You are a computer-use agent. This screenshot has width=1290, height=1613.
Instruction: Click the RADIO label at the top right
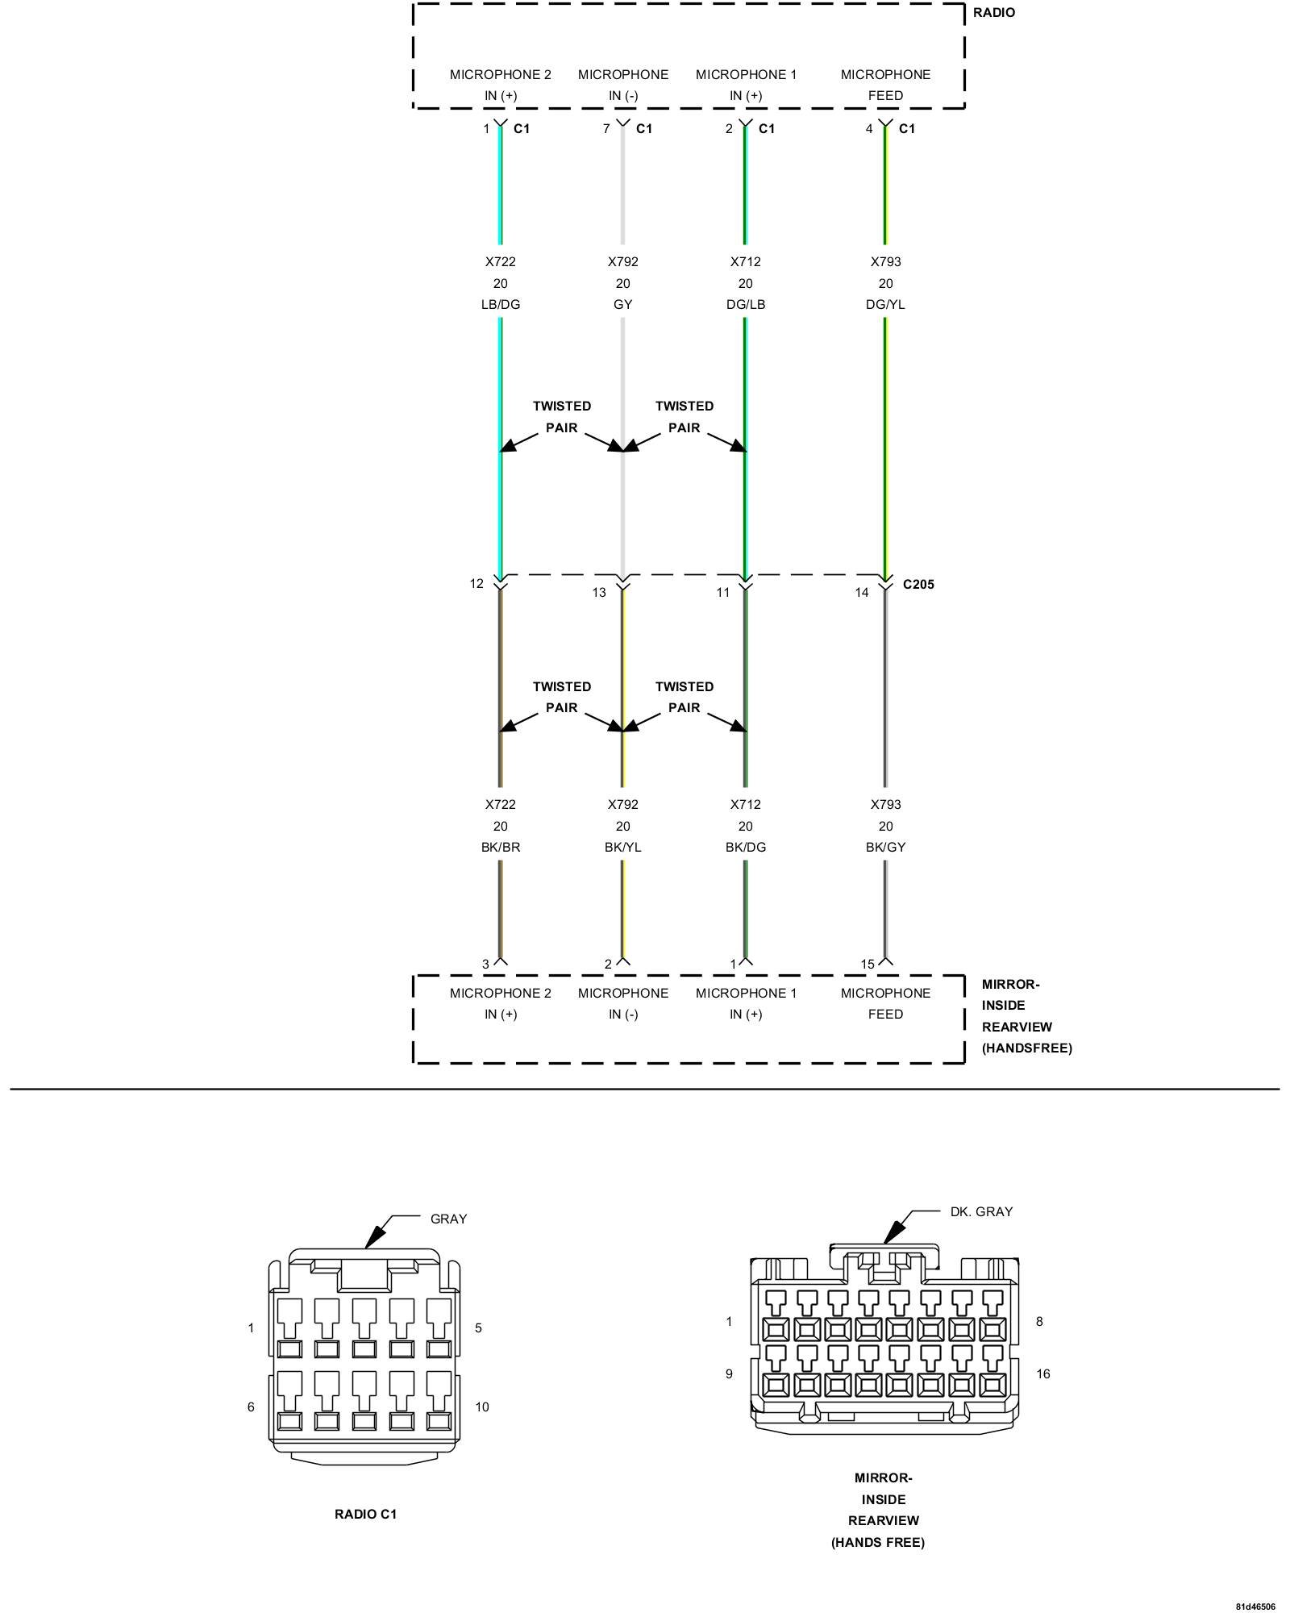[993, 13]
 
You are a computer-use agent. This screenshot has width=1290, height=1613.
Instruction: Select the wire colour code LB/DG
[500, 305]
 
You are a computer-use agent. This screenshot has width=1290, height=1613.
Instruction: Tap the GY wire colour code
[622, 305]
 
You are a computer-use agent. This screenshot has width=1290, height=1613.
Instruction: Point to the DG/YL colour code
[885, 305]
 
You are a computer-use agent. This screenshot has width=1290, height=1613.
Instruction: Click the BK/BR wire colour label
[500, 848]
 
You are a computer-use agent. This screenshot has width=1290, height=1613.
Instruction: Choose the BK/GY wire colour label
[885, 848]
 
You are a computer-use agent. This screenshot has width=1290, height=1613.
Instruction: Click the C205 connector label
[918, 585]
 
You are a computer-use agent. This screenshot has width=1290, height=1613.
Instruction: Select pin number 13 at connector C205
[599, 593]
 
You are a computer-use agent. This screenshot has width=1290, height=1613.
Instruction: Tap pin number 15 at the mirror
[868, 965]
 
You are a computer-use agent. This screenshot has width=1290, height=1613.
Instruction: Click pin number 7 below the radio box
[606, 129]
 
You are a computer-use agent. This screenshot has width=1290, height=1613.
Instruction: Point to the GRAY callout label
[448, 1219]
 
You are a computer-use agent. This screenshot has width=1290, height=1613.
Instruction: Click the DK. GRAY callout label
[981, 1212]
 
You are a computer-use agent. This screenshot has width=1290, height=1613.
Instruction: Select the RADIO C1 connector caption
[365, 1515]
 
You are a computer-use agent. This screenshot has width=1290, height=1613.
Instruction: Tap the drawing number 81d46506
[1255, 1607]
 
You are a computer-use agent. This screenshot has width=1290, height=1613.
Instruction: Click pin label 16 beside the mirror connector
[1042, 1374]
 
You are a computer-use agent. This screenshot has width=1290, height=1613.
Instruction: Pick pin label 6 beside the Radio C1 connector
[251, 1407]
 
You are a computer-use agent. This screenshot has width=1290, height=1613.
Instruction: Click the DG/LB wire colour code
[745, 305]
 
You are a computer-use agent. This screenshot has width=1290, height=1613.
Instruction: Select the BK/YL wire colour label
[622, 848]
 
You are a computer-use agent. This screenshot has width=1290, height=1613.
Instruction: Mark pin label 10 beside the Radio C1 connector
[481, 1407]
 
